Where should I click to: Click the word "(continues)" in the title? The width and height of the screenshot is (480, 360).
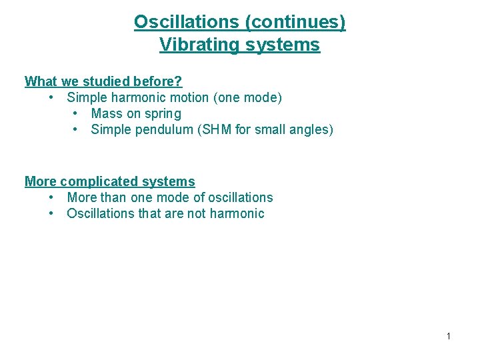[295, 22]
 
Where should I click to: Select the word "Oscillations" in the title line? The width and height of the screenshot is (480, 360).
[187, 22]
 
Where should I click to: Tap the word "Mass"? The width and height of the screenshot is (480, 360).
[107, 114]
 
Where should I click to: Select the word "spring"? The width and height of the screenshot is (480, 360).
[162, 114]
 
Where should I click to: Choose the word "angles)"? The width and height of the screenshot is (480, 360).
[311, 129]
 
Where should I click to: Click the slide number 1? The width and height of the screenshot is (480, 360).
[448, 336]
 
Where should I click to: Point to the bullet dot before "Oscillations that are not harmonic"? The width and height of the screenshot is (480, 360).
[51, 213]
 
